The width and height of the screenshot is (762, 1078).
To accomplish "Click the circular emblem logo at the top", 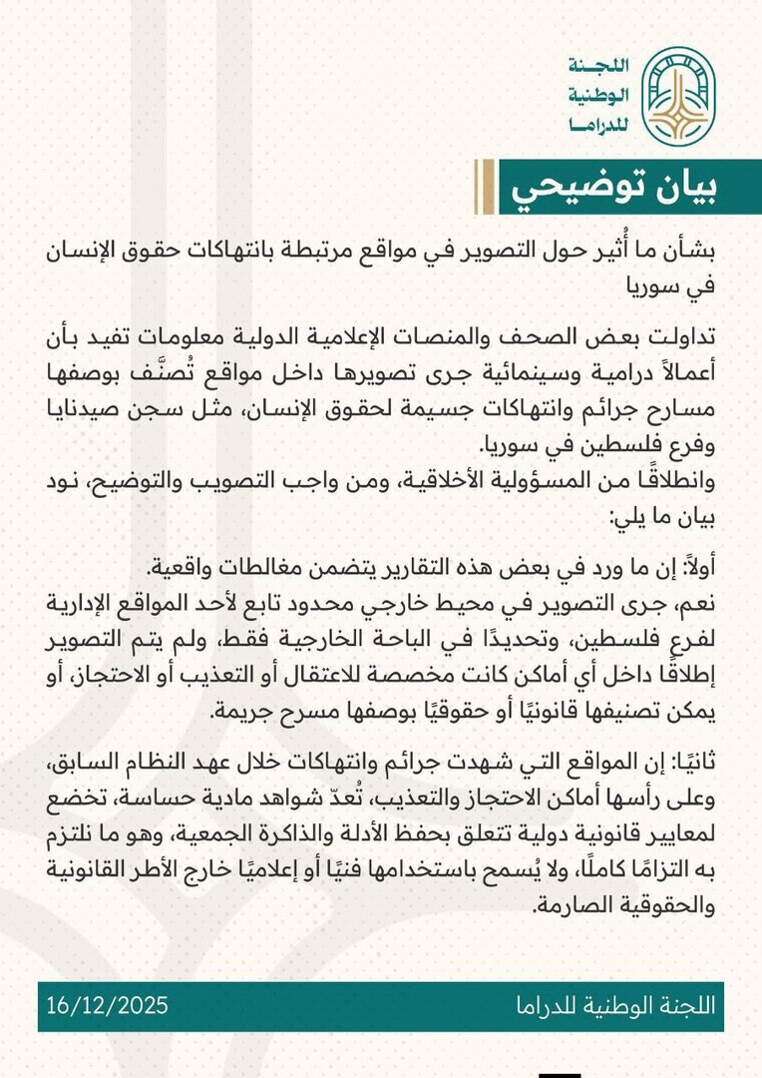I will tap(677, 96).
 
